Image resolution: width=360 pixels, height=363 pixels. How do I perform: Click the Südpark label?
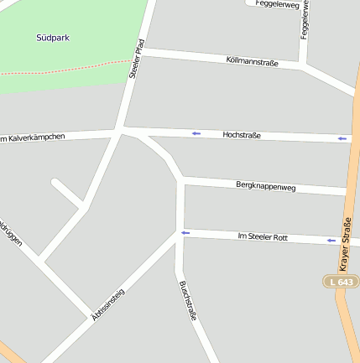tap(53, 38)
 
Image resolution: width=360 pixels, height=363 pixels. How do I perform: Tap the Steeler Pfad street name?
tap(137, 59)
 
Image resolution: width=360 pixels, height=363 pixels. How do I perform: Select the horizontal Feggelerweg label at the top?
tap(279, 5)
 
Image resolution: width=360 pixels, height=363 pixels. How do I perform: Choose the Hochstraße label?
tap(242, 135)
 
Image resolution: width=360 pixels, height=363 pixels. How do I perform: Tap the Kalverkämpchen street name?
tap(34, 137)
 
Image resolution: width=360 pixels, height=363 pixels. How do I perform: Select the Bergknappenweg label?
tap(266, 187)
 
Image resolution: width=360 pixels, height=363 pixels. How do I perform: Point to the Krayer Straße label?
tap(345, 244)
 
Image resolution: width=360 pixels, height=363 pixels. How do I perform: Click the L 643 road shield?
tap(342, 282)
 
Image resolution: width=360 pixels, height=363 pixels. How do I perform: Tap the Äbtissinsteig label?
tap(107, 304)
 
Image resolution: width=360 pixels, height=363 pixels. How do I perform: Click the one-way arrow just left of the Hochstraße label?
tap(196, 133)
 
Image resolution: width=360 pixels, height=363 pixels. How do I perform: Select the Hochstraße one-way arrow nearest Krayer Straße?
tap(342, 138)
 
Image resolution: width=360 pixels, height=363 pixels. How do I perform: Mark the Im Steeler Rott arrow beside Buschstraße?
tap(185, 233)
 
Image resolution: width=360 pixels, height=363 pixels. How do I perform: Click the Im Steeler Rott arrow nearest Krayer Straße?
tap(331, 241)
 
